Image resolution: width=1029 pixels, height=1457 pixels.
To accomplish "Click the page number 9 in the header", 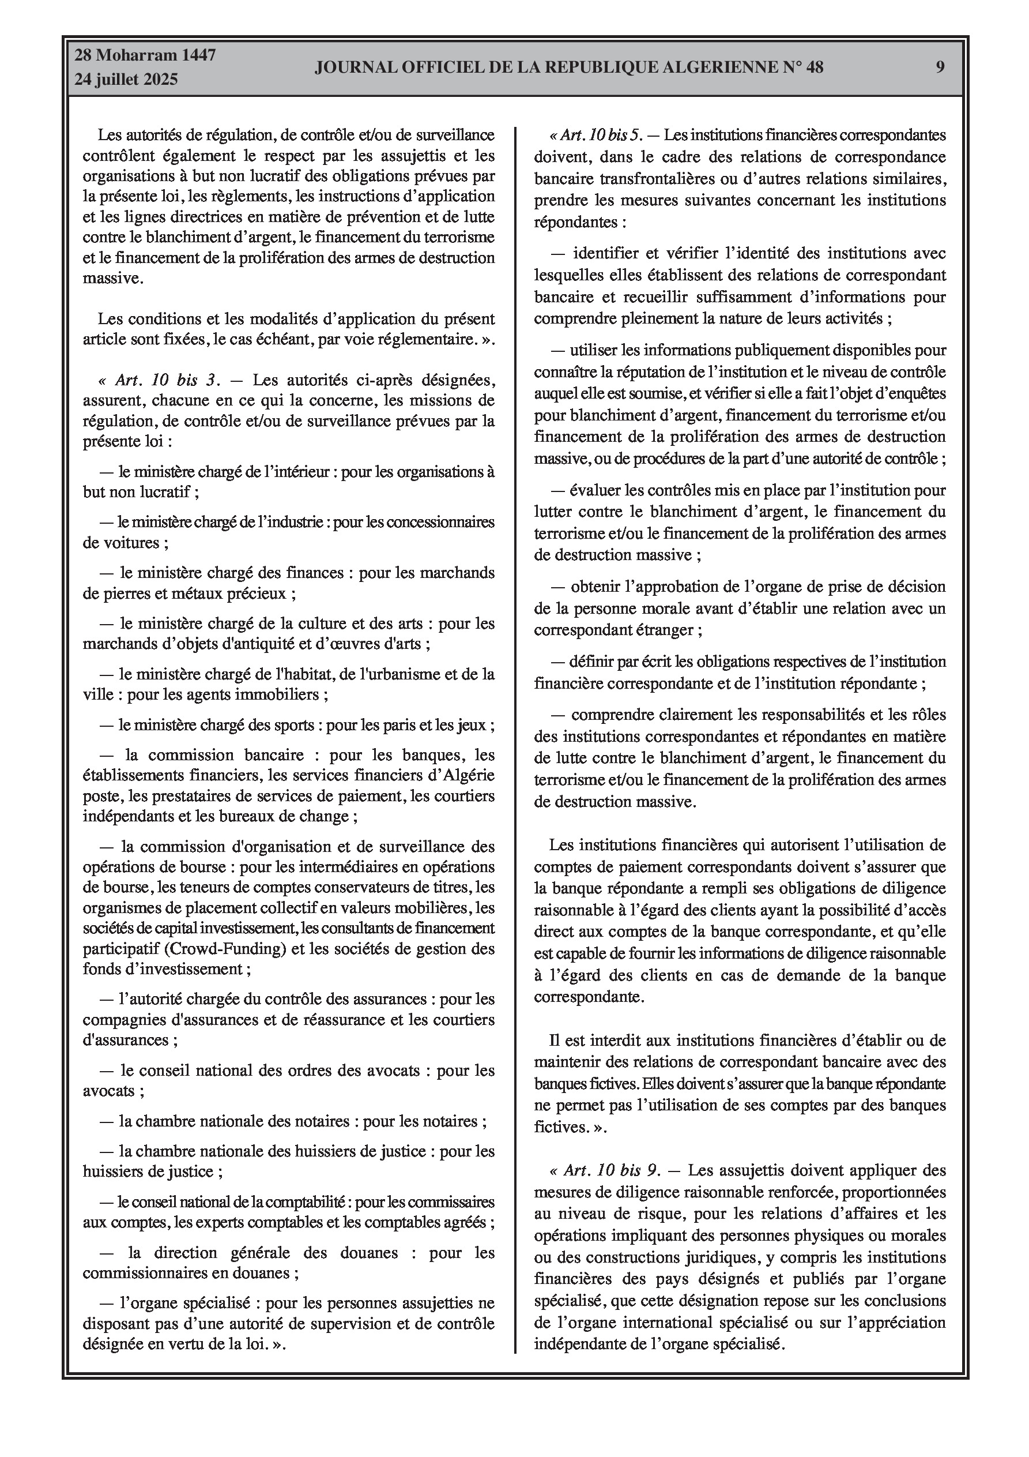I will (x=940, y=67).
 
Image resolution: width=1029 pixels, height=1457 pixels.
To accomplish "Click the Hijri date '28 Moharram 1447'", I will (x=145, y=55).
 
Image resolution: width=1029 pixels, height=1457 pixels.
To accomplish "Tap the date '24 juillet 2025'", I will (x=126, y=80).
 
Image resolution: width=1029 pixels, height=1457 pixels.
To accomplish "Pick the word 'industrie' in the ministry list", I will (x=297, y=522).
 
